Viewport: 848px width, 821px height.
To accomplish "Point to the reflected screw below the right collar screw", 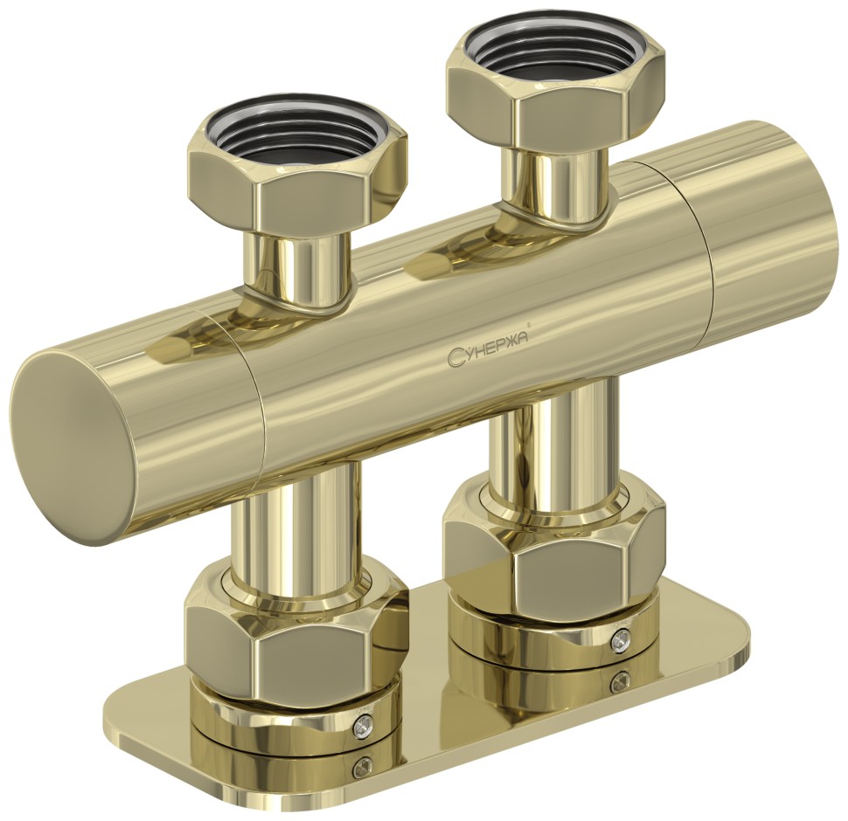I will tap(620, 680).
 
